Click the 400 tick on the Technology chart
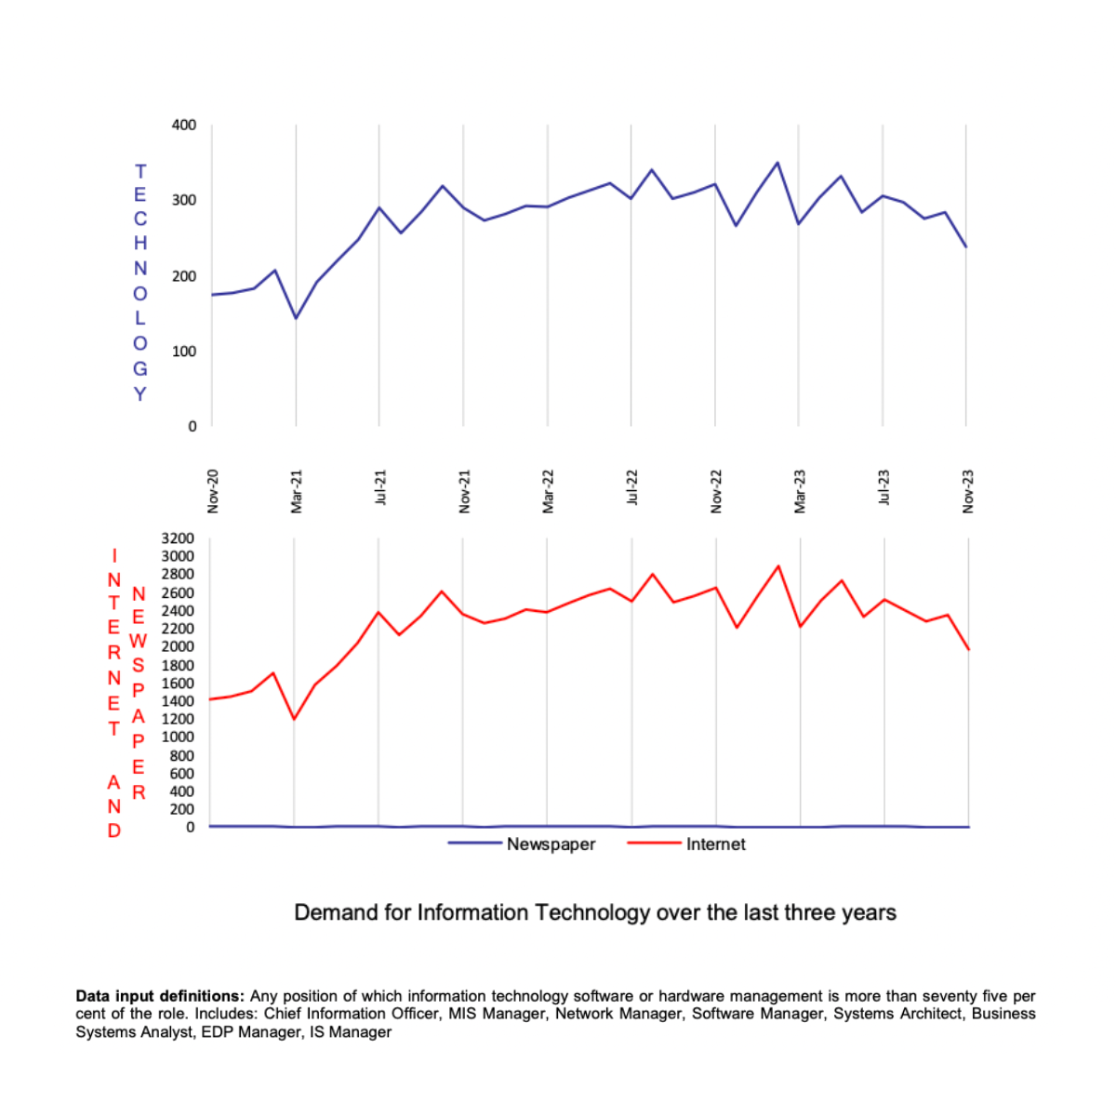184,125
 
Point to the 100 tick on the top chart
184,352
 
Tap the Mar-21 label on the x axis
297,491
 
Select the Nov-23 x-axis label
968,491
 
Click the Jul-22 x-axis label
632,487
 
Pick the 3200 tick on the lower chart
178,538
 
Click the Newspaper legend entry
551,844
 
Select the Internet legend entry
715,844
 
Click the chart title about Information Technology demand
595,912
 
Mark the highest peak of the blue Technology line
777,163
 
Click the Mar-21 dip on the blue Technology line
296,318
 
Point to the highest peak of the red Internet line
778,565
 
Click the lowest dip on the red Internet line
294,719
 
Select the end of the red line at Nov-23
969,649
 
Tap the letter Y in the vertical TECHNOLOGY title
139,393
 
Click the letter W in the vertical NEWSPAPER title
139,641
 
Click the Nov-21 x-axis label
464,491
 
